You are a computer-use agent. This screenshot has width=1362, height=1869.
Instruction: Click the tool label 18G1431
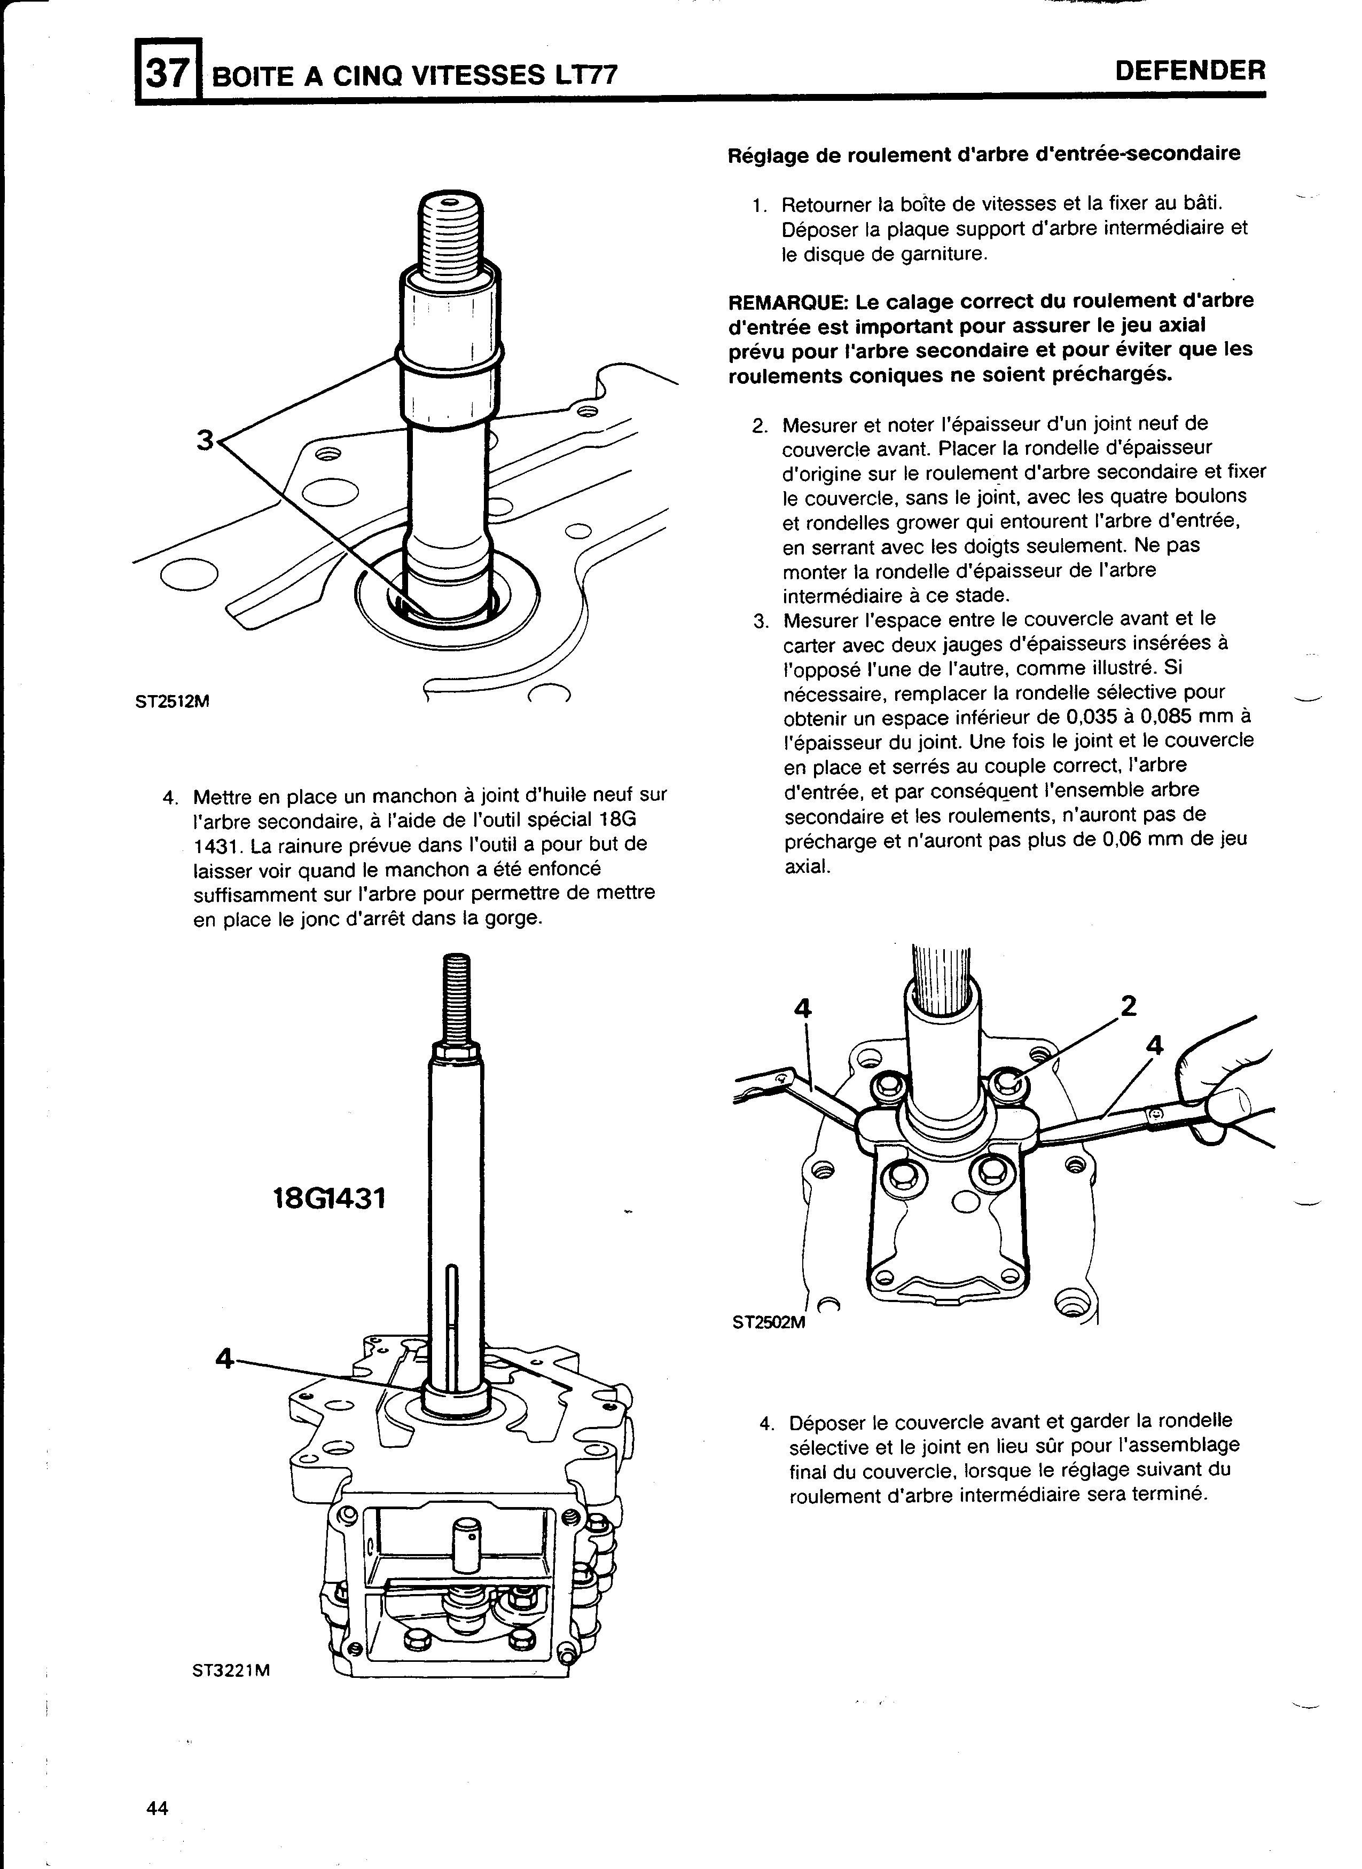330,1197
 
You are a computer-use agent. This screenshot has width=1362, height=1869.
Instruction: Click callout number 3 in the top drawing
205,441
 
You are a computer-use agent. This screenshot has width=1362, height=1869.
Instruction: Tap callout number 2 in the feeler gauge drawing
1129,1005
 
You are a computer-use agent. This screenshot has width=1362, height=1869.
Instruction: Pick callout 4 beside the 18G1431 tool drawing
223,1357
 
